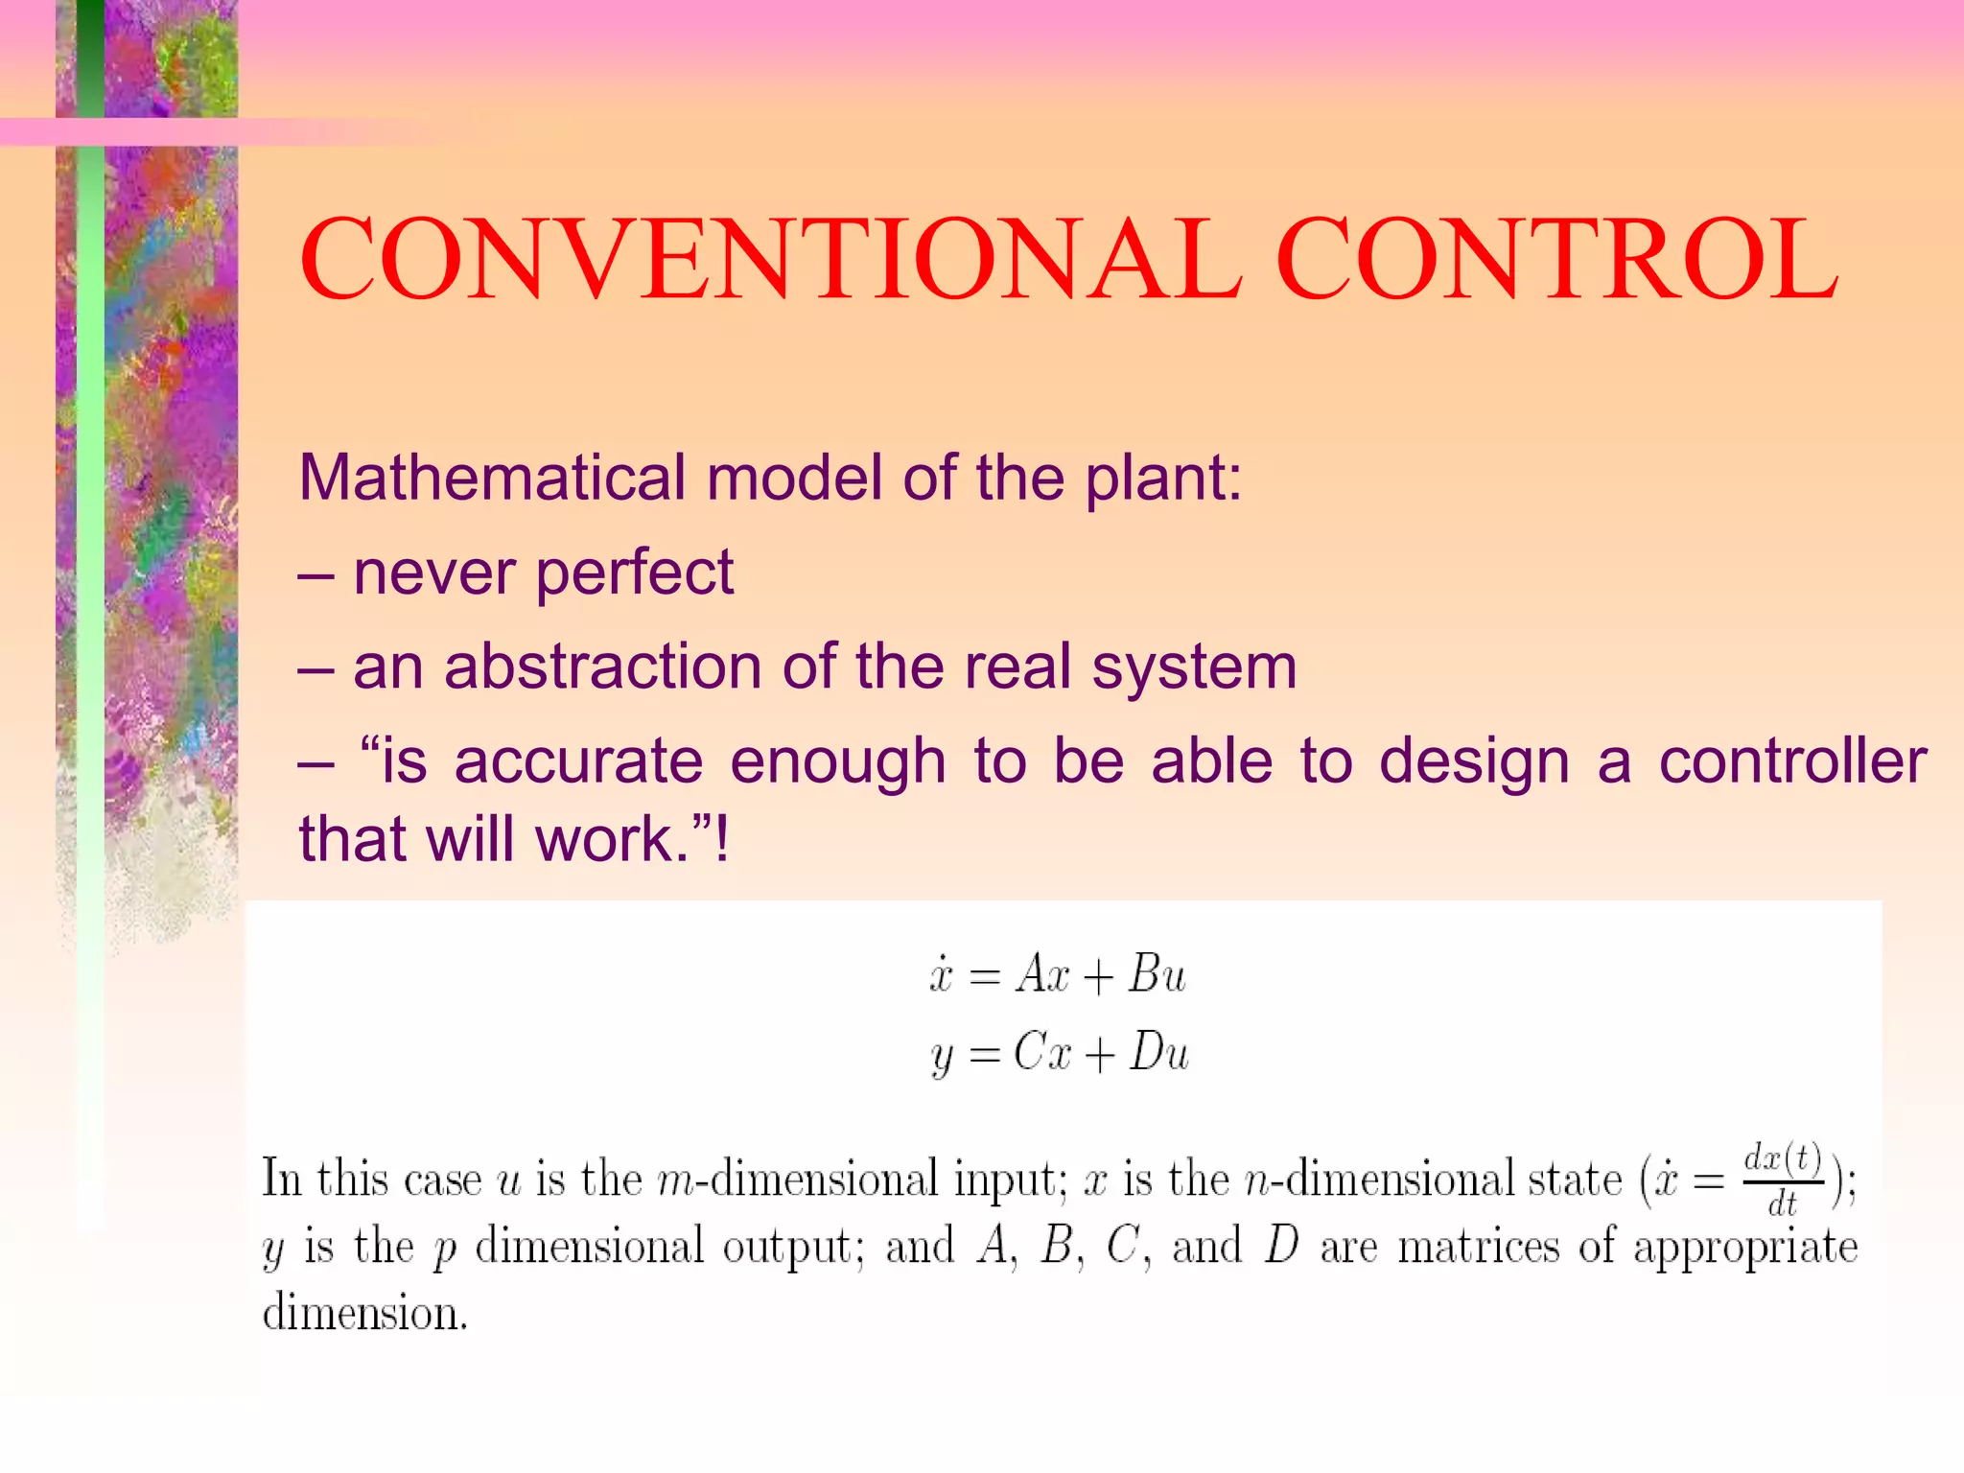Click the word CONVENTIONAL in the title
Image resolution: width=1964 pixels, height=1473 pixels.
(x=770, y=259)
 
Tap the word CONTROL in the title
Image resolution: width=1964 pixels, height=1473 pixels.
(x=1556, y=259)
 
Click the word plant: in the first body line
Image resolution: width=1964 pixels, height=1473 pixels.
(x=1163, y=478)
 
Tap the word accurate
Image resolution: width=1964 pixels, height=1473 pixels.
(x=578, y=761)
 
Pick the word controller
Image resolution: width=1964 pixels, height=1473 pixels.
(x=1792, y=761)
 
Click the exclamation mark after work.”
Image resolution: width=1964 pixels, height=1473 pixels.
(x=722, y=838)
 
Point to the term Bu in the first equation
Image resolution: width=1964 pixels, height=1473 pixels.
(x=1157, y=974)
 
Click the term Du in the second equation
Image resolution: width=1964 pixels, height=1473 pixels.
(x=1158, y=1053)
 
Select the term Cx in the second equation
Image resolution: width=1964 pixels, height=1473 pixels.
(x=1042, y=1053)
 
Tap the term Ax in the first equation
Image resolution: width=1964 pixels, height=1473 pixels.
(x=1042, y=974)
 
